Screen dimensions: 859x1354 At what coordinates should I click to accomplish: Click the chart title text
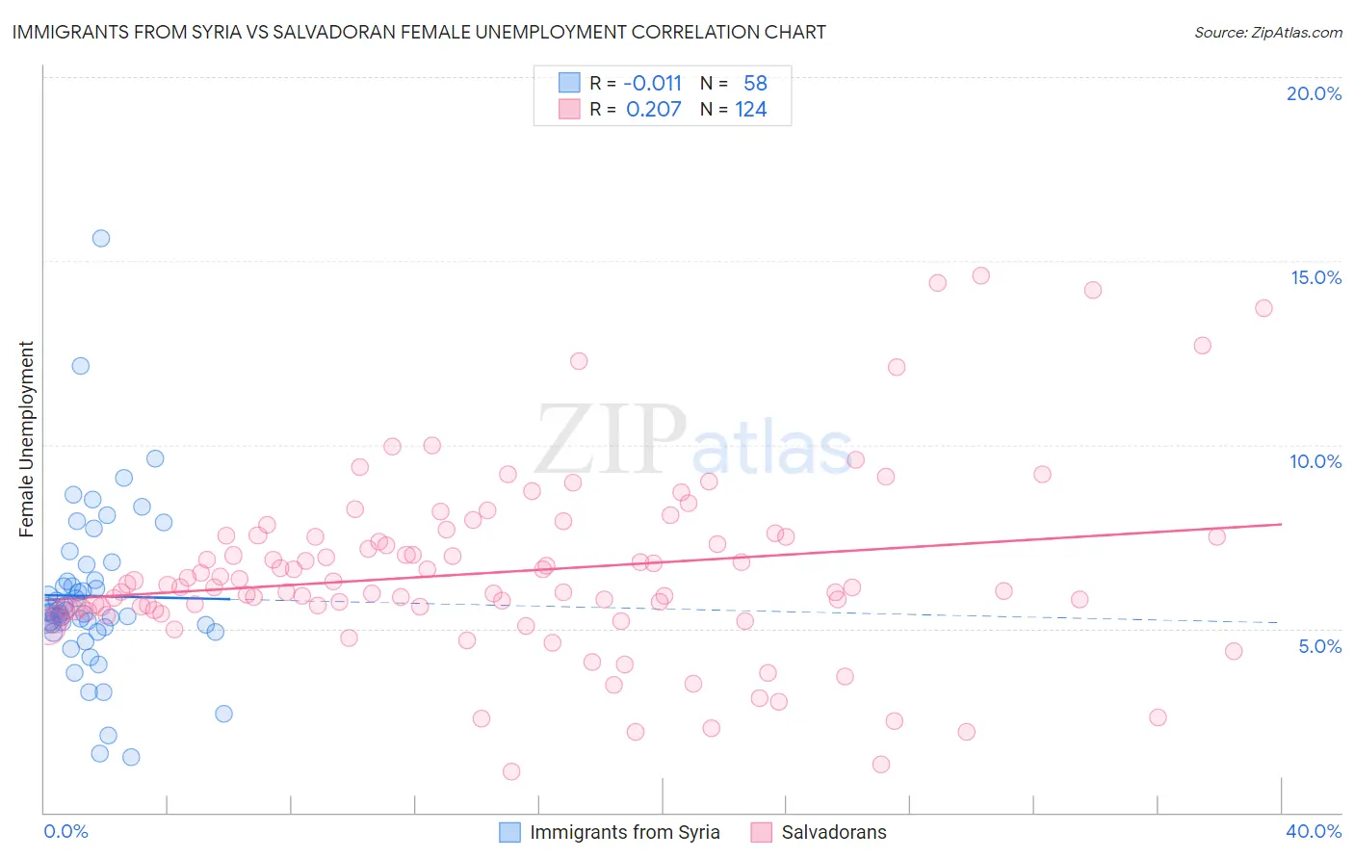coord(419,32)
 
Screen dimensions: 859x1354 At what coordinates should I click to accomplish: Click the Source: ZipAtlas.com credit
coord(1267,32)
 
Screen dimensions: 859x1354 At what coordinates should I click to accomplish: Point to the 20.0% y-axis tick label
coord(1314,93)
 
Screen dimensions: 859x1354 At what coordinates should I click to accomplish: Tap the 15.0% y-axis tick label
coord(1315,277)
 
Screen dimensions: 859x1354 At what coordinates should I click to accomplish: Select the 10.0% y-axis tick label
coord(1315,461)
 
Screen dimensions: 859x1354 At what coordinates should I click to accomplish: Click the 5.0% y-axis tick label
coord(1319,646)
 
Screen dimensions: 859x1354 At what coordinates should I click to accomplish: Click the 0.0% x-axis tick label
coord(65,831)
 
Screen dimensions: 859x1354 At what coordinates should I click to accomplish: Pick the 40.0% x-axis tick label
coord(1314,831)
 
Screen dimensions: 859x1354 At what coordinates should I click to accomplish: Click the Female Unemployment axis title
coord(26,439)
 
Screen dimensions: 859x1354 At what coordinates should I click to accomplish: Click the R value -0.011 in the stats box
coord(652,84)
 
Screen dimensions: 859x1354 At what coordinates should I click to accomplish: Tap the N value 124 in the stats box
coord(751,110)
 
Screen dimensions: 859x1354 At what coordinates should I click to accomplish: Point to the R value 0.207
coord(653,110)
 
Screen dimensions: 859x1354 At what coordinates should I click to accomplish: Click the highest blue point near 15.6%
coord(101,238)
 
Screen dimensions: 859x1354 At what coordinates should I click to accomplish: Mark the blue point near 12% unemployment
coord(81,366)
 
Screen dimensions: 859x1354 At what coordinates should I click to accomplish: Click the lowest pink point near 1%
coord(511,771)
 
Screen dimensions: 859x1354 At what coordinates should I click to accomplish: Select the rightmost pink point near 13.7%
coord(1263,308)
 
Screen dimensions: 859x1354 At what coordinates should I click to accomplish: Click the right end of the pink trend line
coord(1281,524)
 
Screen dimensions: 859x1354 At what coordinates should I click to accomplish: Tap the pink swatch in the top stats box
coord(569,109)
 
